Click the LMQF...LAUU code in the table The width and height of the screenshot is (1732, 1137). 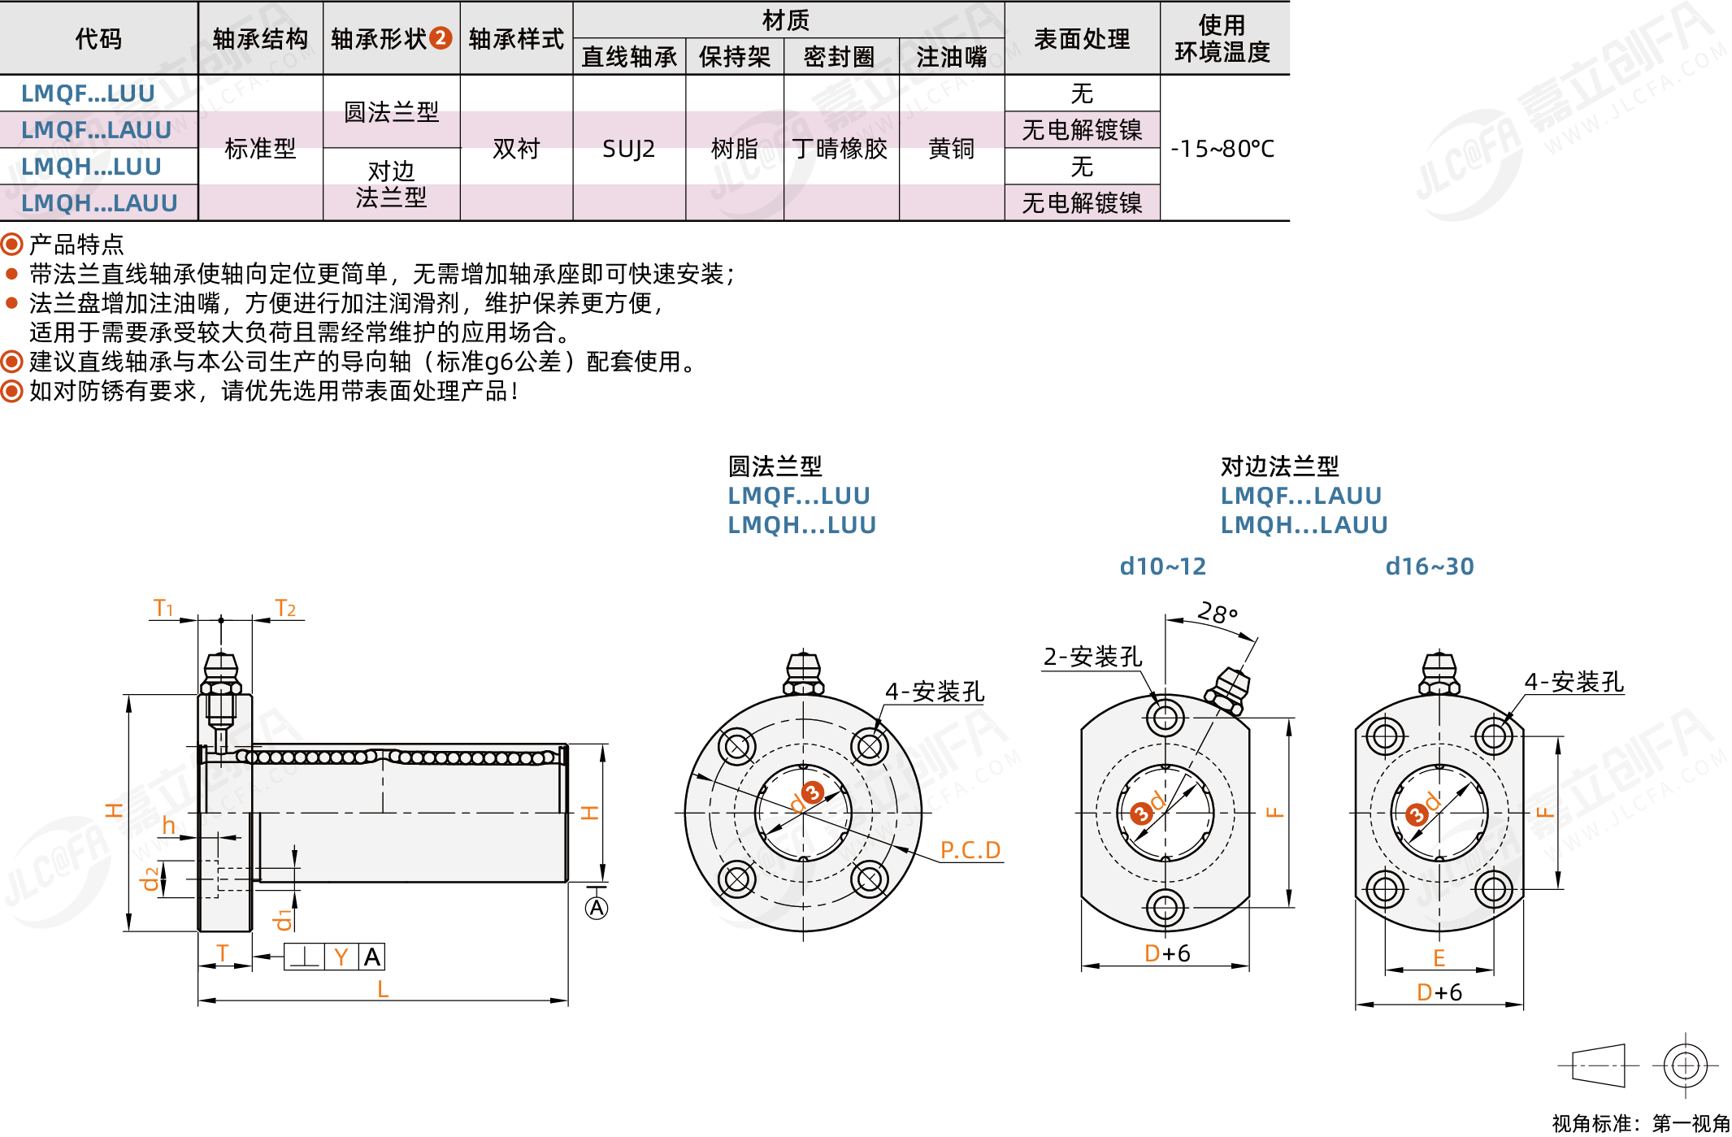[96, 130]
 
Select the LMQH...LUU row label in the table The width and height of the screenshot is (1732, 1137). [91, 167]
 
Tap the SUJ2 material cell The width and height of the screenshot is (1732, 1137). [628, 149]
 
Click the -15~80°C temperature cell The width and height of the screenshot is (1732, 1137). [1222, 149]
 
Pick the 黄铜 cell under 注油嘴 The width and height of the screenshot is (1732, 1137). [951, 149]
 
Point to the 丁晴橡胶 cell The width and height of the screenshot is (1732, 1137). [840, 149]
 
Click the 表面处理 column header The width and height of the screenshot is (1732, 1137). [1082, 39]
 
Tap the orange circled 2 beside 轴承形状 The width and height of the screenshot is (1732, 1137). [441, 38]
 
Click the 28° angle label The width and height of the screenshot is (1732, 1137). [1218, 612]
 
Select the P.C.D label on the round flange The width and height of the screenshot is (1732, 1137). [970, 850]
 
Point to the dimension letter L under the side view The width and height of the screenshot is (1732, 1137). [383, 989]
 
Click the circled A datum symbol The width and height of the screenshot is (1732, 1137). [597, 908]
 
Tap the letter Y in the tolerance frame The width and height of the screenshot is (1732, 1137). [341, 957]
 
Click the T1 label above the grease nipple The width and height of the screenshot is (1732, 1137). [163, 608]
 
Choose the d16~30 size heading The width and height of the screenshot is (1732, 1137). [1429, 566]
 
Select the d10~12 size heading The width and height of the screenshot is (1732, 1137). [1162, 566]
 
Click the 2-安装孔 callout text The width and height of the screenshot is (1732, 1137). [1092, 657]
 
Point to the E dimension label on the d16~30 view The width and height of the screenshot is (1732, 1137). [1439, 958]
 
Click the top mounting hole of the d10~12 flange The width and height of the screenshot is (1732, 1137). [1165, 718]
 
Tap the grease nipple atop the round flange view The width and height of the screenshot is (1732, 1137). [803, 673]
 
